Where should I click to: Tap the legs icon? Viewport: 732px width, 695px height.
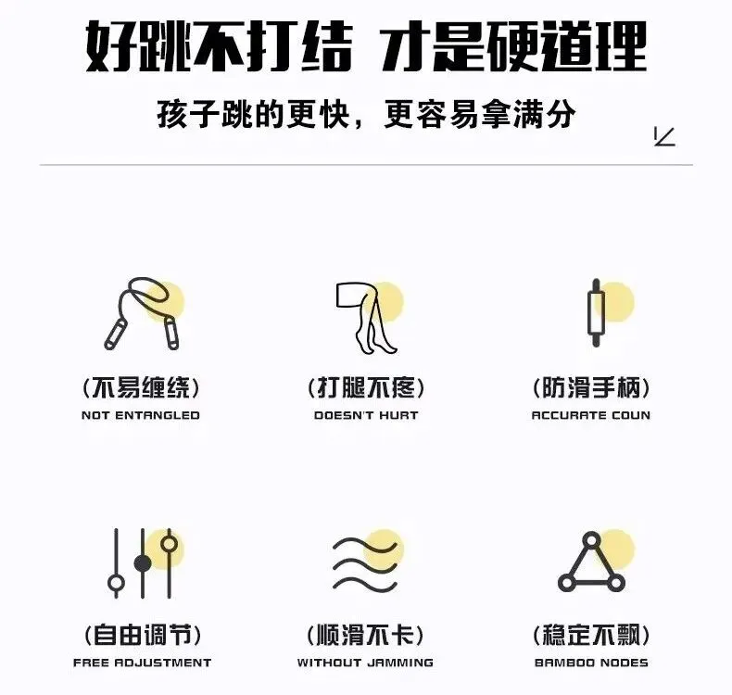(368, 316)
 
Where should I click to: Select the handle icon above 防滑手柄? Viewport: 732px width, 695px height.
(596, 313)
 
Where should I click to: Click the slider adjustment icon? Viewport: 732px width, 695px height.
(142, 563)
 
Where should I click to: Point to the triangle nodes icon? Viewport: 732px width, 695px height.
(591, 563)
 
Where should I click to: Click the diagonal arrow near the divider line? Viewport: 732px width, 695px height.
(664, 137)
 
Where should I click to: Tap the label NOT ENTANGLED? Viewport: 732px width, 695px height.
(141, 415)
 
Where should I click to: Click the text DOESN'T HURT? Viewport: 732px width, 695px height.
(366, 415)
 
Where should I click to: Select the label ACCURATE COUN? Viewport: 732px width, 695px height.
(591, 415)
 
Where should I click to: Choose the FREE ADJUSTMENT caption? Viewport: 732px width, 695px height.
(142, 663)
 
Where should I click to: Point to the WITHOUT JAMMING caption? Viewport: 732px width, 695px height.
(365, 663)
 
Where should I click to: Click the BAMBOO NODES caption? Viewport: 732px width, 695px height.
(591, 663)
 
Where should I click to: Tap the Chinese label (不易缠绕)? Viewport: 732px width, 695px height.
(141, 387)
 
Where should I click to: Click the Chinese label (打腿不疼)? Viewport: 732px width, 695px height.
(366, 387)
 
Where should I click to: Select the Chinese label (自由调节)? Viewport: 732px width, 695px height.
(142, 636)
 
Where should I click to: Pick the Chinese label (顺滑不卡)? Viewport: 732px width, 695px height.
(365, 636)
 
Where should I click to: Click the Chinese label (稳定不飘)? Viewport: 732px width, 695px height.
(591, 636)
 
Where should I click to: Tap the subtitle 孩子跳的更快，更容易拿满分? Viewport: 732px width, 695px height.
(366, 115)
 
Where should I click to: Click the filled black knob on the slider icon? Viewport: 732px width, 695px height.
(142, 562)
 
